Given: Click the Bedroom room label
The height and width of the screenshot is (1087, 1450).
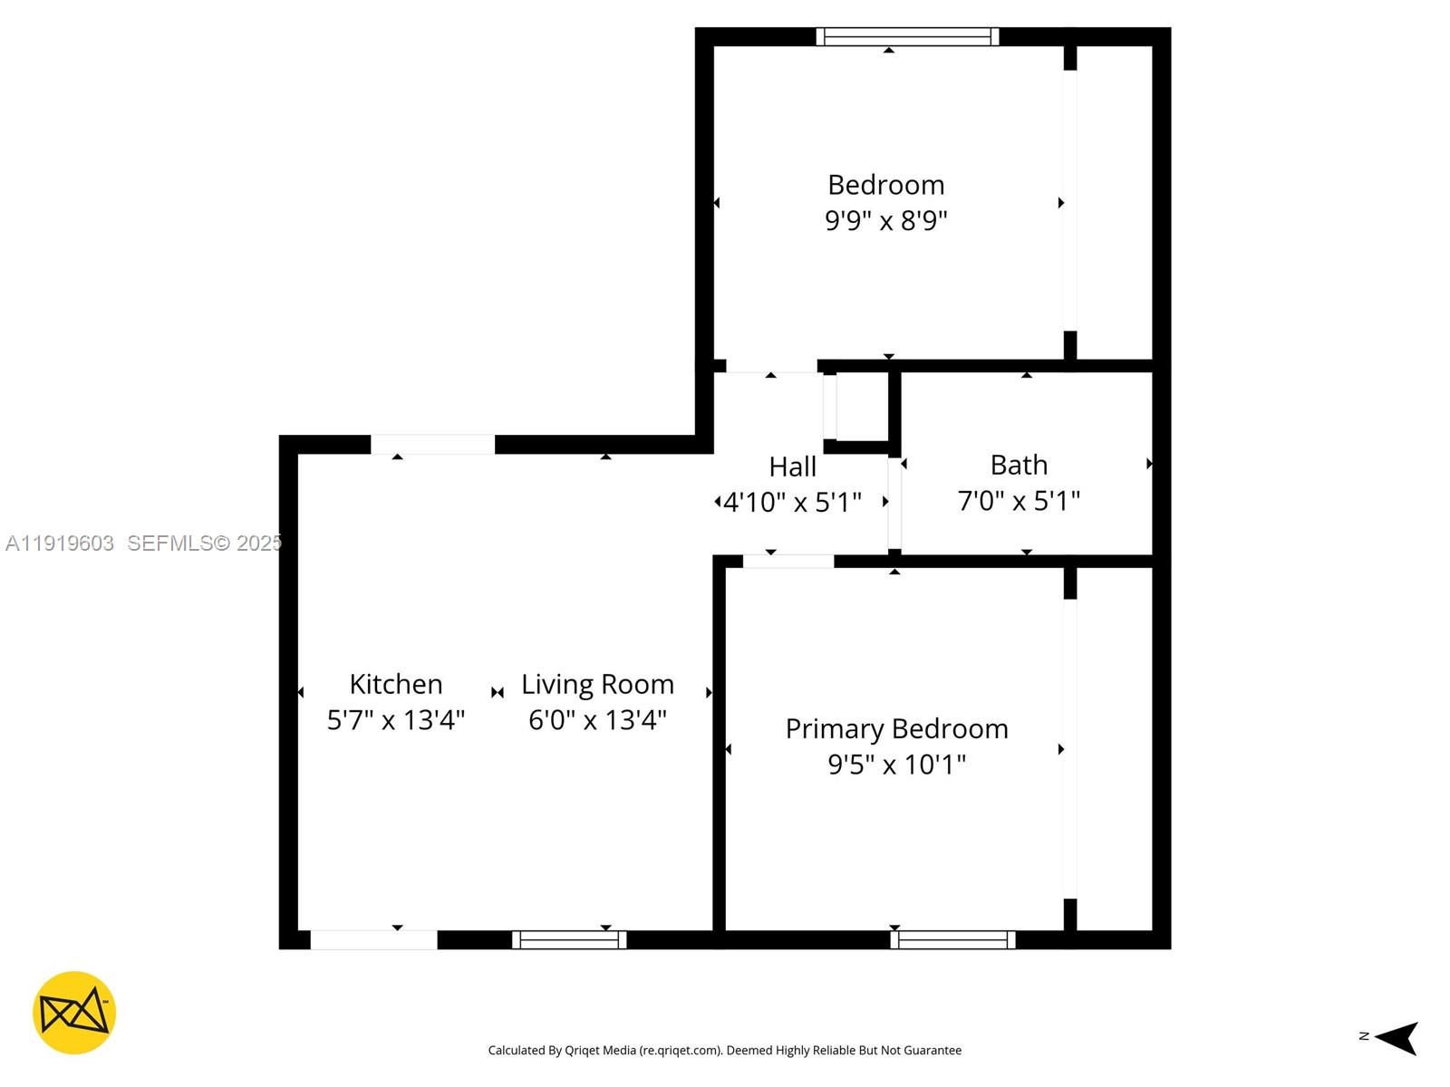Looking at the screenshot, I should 885,185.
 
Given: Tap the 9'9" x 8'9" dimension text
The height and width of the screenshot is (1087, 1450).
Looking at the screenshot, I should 885,220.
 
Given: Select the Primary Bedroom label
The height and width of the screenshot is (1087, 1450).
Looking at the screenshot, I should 896,728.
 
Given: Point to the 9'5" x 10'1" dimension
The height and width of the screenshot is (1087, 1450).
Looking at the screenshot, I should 896,765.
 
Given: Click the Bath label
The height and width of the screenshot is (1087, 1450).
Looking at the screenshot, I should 1019,465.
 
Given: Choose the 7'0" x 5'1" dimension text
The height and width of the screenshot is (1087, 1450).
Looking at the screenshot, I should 1019,501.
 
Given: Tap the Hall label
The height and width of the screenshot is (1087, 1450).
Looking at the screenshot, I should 792,467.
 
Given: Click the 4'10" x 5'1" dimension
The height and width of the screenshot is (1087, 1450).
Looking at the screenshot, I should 792,502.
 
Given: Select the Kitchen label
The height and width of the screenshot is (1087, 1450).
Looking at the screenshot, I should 396,684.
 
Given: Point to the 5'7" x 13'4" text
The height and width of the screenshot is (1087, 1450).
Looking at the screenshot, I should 396,720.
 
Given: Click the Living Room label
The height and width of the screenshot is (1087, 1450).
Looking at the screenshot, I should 597,684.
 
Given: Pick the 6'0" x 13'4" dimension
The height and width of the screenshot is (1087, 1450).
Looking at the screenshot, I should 597,720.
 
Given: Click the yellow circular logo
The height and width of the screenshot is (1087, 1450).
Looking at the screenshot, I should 74,1013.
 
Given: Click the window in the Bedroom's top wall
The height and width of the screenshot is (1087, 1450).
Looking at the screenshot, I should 907,37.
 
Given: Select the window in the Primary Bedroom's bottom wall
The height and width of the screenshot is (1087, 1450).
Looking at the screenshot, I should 952,940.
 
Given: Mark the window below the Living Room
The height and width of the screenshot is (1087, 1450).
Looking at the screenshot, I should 569,940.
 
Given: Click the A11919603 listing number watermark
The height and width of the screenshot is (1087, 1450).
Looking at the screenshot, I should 60,543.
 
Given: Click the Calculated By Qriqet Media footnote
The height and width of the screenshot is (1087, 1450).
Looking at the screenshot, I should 724,1051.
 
